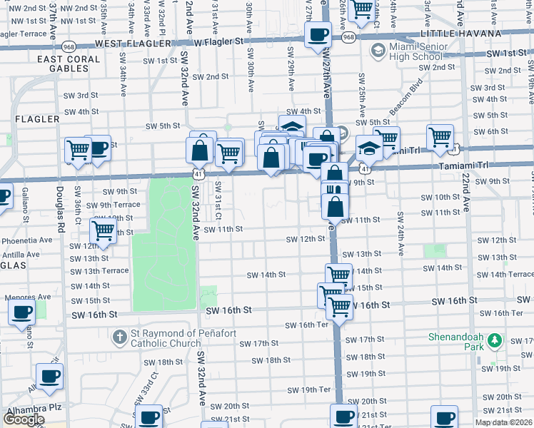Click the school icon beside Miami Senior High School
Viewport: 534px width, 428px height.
pos(377,51)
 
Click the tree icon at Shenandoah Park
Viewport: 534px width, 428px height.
pos(493,344)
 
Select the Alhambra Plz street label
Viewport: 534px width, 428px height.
pos(25,412)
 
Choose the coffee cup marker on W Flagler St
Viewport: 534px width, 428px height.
pos(318,34)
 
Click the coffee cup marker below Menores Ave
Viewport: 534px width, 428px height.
pos(21,312)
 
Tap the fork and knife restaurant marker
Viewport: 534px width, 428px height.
pos(334,191)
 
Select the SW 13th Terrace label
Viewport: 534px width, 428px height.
pos(99,271)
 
